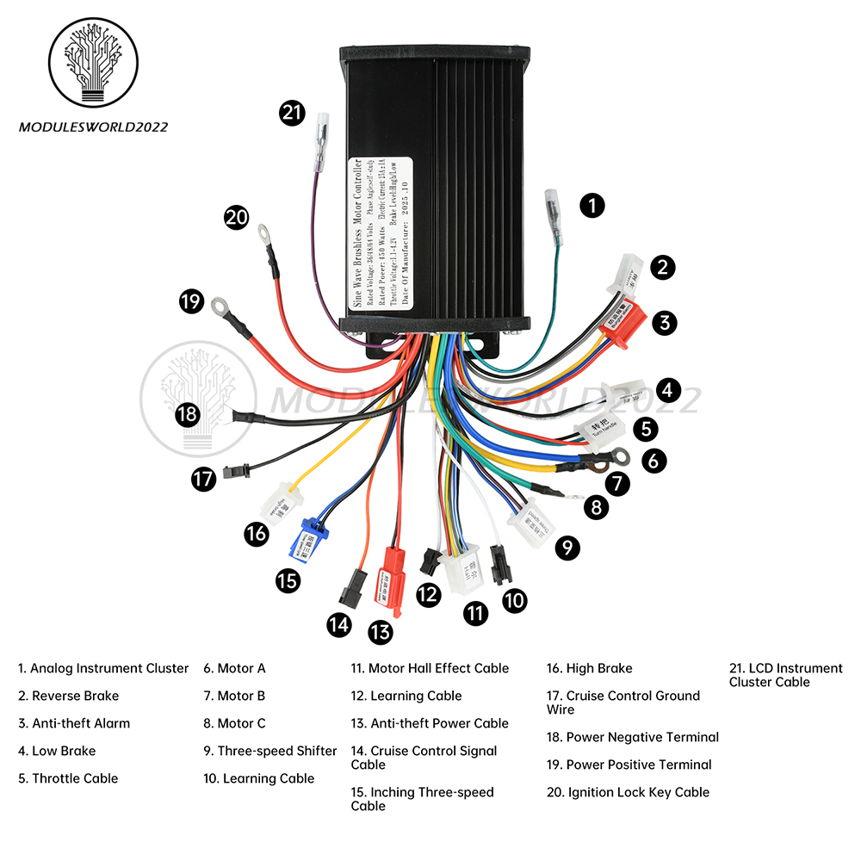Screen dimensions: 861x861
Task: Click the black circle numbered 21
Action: pyautogui.click(x=293, y=112)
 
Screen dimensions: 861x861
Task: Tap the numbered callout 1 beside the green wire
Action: pyautogui.click(x=592, y=205)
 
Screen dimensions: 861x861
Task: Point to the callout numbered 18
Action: pyautogui.click(x=187, y=414)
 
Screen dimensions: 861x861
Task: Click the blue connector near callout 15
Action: pyautogui.click(x=308, y=539)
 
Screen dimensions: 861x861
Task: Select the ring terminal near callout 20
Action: pyautogui.click(x=263, y=232)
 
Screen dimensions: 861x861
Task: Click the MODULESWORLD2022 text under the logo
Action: pyautogui.click(x=94, y=127)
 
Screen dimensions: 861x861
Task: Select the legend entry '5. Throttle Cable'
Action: pyautogui.click(x=68, y=778)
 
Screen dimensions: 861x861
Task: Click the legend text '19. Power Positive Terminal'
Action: pyautogui.click(x=629, y=765)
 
